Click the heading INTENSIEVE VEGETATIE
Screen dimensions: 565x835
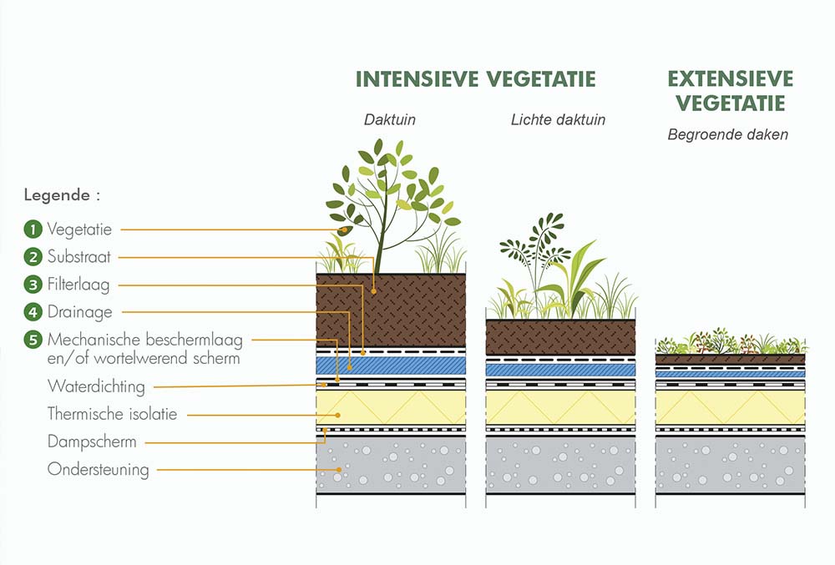[x=475, y=79]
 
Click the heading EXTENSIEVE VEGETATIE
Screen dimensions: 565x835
[x=730, y=91]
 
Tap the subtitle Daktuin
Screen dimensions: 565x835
[x=389, y=119]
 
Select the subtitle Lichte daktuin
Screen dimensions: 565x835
[x=558, y=119]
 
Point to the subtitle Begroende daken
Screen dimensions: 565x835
[x=727, y=134]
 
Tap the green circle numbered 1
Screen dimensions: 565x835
[x=33, y=229]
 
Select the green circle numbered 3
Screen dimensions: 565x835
[x=33, y=285]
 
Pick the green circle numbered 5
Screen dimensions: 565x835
[x=33, y=340]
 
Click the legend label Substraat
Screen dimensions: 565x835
[x=79, y=257]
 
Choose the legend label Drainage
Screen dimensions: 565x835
[x=80, y=312]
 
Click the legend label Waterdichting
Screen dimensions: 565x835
[x=96, y=386]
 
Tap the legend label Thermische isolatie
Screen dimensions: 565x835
[x=112, y=413]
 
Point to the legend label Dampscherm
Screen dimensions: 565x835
[x=92, y=441]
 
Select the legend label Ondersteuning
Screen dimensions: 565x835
[x=99, y=469]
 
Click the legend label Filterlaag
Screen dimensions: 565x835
[x=78, y=285]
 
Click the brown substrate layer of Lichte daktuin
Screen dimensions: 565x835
[x=560, y=337]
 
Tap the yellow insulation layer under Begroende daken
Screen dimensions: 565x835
[x=730, y=407]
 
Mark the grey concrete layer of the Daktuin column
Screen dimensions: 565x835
[x=391, y=464]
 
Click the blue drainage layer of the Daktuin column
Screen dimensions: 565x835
[x=391, y=366]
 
